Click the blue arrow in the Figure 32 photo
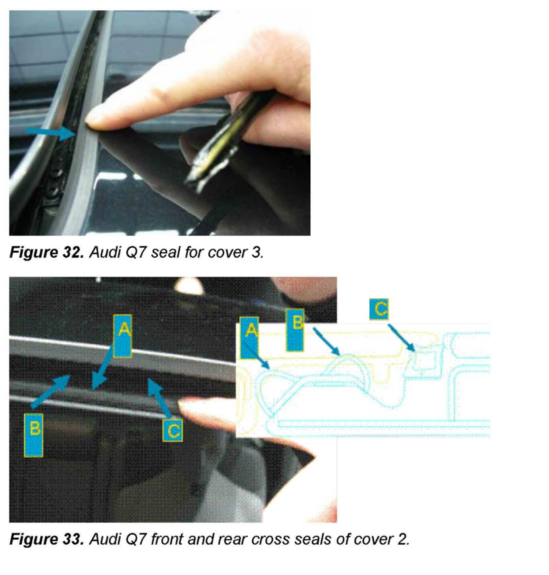click(52, 133)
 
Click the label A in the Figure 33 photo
click(123, 336)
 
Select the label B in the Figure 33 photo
click(34, 435)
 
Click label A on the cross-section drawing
click(249, 338)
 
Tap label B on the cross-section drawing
click(295, 330)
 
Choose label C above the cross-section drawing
click(379, 309)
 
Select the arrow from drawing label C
click(401, 337)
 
